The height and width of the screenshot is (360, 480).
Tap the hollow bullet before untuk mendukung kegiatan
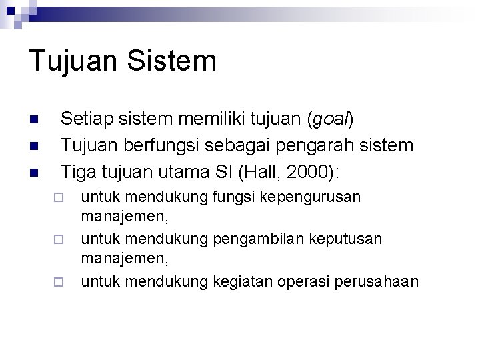(58, 281)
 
